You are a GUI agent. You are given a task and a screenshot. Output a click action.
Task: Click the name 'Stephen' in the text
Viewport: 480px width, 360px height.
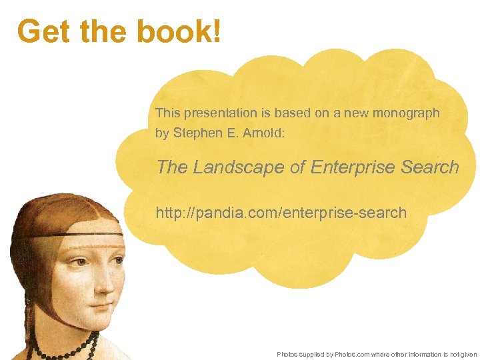[x=195, y=133]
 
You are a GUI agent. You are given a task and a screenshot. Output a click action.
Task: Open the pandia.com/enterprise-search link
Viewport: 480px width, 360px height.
[x=281, y=213]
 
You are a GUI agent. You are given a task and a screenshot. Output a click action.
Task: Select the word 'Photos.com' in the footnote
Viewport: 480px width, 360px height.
[x=352, y=354]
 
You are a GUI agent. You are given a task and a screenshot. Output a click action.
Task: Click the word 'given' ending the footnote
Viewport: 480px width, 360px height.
[x=469, y=354]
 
